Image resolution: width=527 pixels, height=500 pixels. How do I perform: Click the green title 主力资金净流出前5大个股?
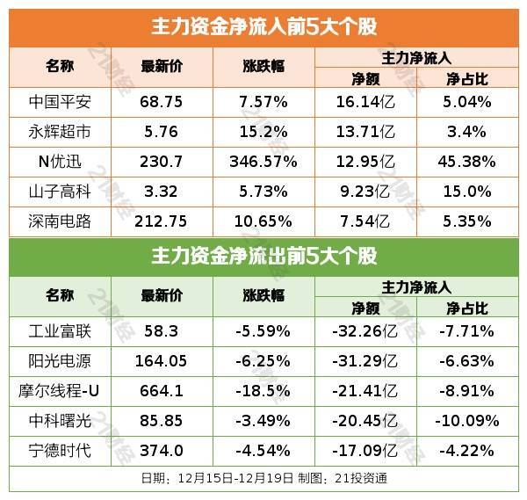pyautogui.click(x=263, y=257)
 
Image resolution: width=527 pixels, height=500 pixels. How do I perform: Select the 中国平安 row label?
pyautogui.click(x=60, y=102)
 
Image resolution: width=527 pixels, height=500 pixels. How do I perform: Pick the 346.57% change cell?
pyautogui.click(x=263, y=162)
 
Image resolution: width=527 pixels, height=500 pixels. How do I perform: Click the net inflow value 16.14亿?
pyautogui.click(x=365, y=102)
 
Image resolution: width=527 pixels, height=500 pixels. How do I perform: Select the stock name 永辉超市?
pyautogui.click(x=60, y=132)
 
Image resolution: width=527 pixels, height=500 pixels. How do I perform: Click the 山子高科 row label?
pyautogui.click(x=60, y=192)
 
